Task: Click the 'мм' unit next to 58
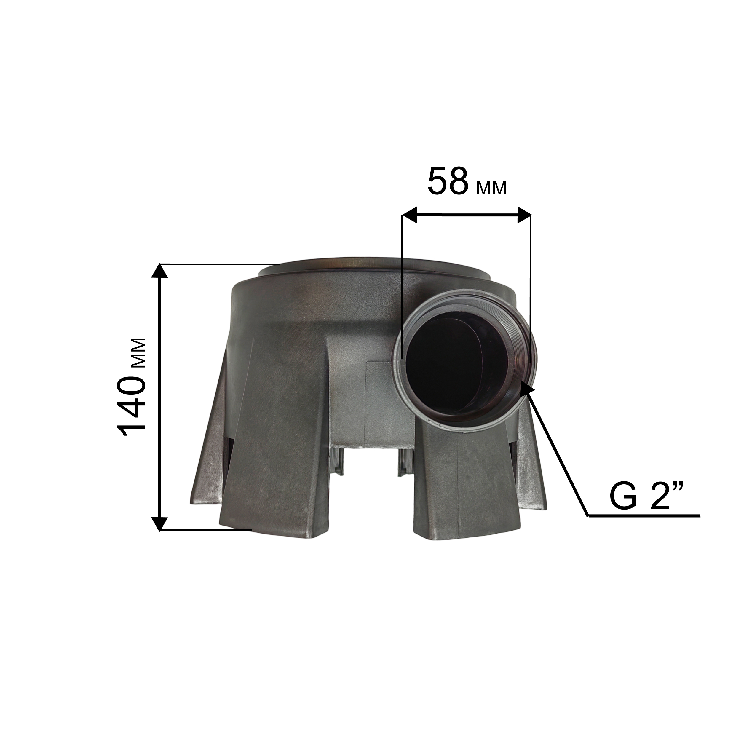491,188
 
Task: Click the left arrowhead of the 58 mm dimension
409,215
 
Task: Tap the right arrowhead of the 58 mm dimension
524,215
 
